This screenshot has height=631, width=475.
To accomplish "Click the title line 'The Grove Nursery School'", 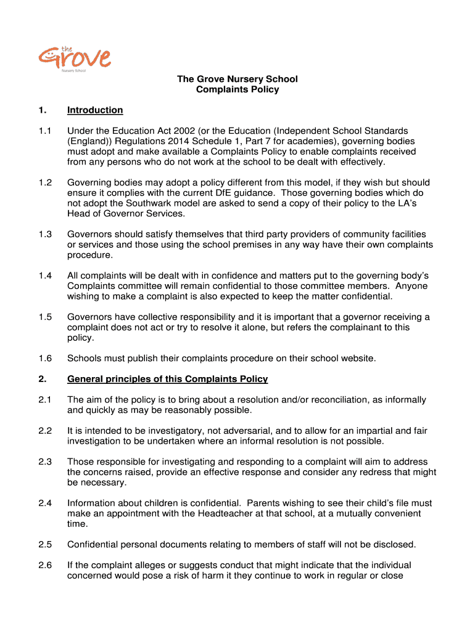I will coord(238,79).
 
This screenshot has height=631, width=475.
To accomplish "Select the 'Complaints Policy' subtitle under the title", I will coord(238,89).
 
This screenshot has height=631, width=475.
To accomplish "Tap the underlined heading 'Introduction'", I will coord(95,110).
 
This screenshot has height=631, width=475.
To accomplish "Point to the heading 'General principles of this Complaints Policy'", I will coord(167,379).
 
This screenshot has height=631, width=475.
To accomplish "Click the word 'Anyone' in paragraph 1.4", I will coord(411,286).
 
